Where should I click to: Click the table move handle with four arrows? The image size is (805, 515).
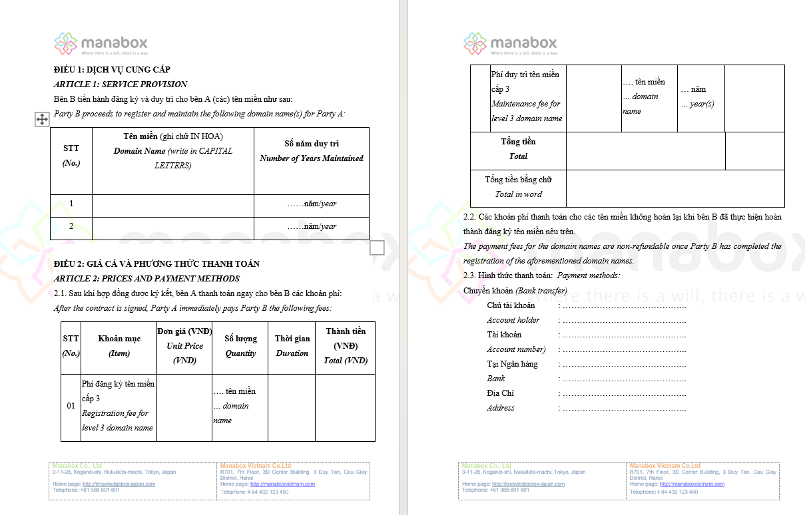click(x=41, y=119)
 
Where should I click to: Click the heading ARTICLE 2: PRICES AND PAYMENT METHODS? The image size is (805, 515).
click(x=146, y=278)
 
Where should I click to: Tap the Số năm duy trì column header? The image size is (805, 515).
click(x=312, y=151)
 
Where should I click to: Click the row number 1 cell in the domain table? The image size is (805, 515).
click(x=71, y=204)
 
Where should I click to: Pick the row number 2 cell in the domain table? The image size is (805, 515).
click(x=71, y=226)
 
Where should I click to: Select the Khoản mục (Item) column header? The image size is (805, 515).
click(x=119, y=346)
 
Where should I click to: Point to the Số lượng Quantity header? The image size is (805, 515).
click(x=240, y=346)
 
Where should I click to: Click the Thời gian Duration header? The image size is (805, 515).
click(x=292, y=346)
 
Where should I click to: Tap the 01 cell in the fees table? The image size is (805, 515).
click(x=71, y=406)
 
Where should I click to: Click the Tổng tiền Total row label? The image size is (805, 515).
click(x=518, y=149)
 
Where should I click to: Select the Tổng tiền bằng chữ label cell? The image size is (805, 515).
click(x=518, y=187)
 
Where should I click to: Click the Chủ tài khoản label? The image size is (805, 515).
click(x=511, y=305)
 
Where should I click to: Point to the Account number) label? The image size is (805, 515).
click(x=516, y=349)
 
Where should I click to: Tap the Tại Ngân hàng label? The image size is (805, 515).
click(x=512, y=364)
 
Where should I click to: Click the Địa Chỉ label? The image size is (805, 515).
click(x=500, y=393)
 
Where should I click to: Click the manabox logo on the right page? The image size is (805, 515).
click(x=511, y=44)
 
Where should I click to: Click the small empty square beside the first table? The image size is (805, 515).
click(x=377, y=248)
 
